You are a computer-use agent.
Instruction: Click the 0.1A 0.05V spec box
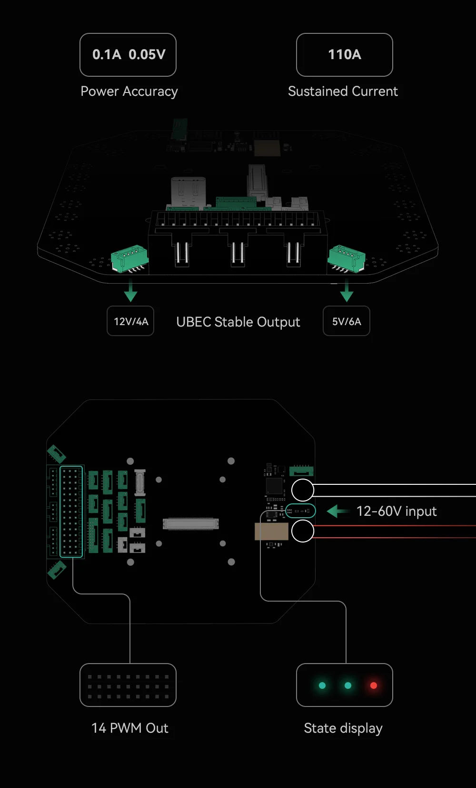pos(128,55)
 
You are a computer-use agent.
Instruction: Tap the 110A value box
pos(344,55)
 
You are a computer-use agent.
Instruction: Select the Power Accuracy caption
pos(129,91)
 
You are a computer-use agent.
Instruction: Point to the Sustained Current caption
pos(343,91)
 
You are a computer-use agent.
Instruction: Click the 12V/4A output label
pos(130,321)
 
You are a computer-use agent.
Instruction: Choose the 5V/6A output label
pos(347,321)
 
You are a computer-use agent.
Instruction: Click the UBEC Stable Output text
pos(238,322)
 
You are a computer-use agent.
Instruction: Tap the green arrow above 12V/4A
pos(130,292)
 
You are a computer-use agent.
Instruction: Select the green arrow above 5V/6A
pos(347,291)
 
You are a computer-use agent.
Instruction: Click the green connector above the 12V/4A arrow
pos(129,258)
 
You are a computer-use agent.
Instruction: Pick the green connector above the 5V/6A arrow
pos(347,258)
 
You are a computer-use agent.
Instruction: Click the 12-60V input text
pos(397,511)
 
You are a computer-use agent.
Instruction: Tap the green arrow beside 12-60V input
pos(337,511)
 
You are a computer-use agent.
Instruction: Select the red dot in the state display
pos(374,686)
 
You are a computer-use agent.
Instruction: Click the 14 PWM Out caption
pos(129,728)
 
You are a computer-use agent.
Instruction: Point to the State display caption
pos(343,728)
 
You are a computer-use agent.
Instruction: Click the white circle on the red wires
pos(302,531)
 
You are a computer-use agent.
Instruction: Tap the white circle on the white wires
pos(302,490)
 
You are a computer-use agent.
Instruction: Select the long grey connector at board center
pos(190,524)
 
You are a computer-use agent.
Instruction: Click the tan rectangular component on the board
pos(271,531)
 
